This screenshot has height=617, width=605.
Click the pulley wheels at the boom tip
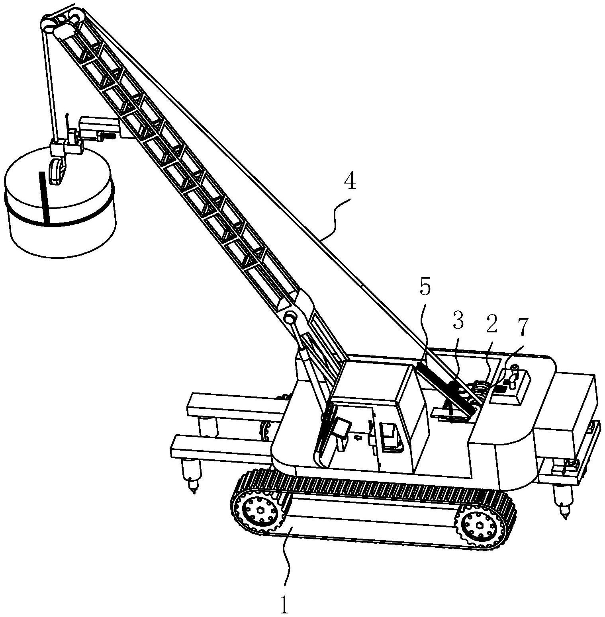(60, 24)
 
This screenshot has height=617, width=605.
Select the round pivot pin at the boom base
(290, 318)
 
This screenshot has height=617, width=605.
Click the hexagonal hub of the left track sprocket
(260, 511)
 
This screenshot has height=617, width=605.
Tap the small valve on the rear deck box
(513, 374)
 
